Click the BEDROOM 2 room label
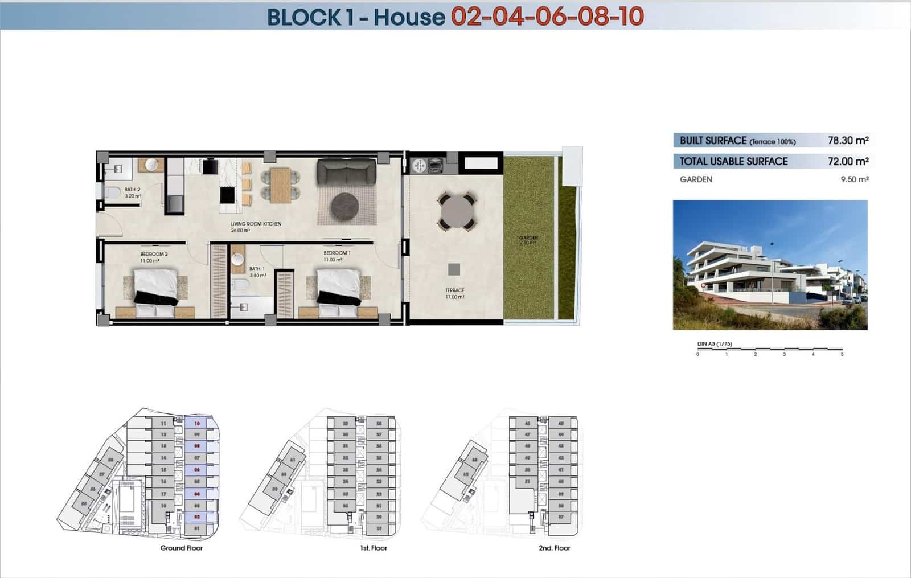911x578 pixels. tap(154, 254)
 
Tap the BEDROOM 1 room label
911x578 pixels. tap(337, 253)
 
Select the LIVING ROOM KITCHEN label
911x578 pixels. tap(256, 224)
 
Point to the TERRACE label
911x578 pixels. tap(455, 290)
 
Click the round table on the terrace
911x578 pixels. tap(455, 211)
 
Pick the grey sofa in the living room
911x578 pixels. tap(346, 171)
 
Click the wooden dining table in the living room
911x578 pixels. tap(280, 185)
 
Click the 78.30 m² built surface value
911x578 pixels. tap(848, 140)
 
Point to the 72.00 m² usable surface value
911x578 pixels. tap(848, 161)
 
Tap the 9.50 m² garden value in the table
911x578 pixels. tap(854, 179)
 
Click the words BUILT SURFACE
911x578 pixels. tap(713, 140)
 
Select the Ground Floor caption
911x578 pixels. tap(181, 548)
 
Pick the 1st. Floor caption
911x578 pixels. tap(373, 548)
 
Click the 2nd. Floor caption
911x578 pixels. tap(554, 548)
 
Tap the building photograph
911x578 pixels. tap(770, 265)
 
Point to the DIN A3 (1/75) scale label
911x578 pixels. tap(715, 344)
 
